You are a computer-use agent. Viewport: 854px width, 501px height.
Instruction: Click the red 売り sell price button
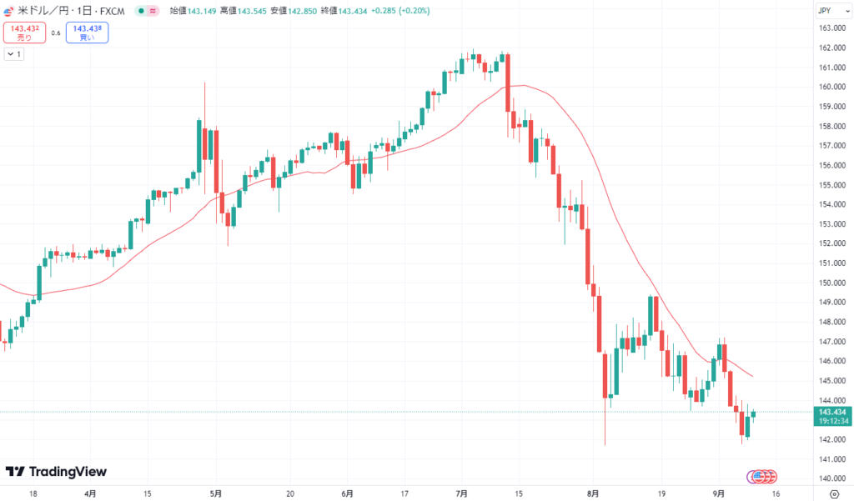(x=23, y=33)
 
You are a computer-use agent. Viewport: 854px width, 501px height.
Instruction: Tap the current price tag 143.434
(x=832, y=413)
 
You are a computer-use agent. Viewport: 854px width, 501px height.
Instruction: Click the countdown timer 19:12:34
(x=832, y=422)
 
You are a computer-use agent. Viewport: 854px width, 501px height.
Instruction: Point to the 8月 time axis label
(x=593, y=493)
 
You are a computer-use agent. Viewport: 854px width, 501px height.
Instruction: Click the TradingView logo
(x=56, y=472)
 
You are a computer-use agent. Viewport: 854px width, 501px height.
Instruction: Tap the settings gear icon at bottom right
(x=833, y=493)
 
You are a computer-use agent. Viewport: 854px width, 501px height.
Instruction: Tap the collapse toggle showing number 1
(x=14, y=54)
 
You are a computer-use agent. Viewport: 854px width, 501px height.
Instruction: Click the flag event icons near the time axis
(x=761, y=476)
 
